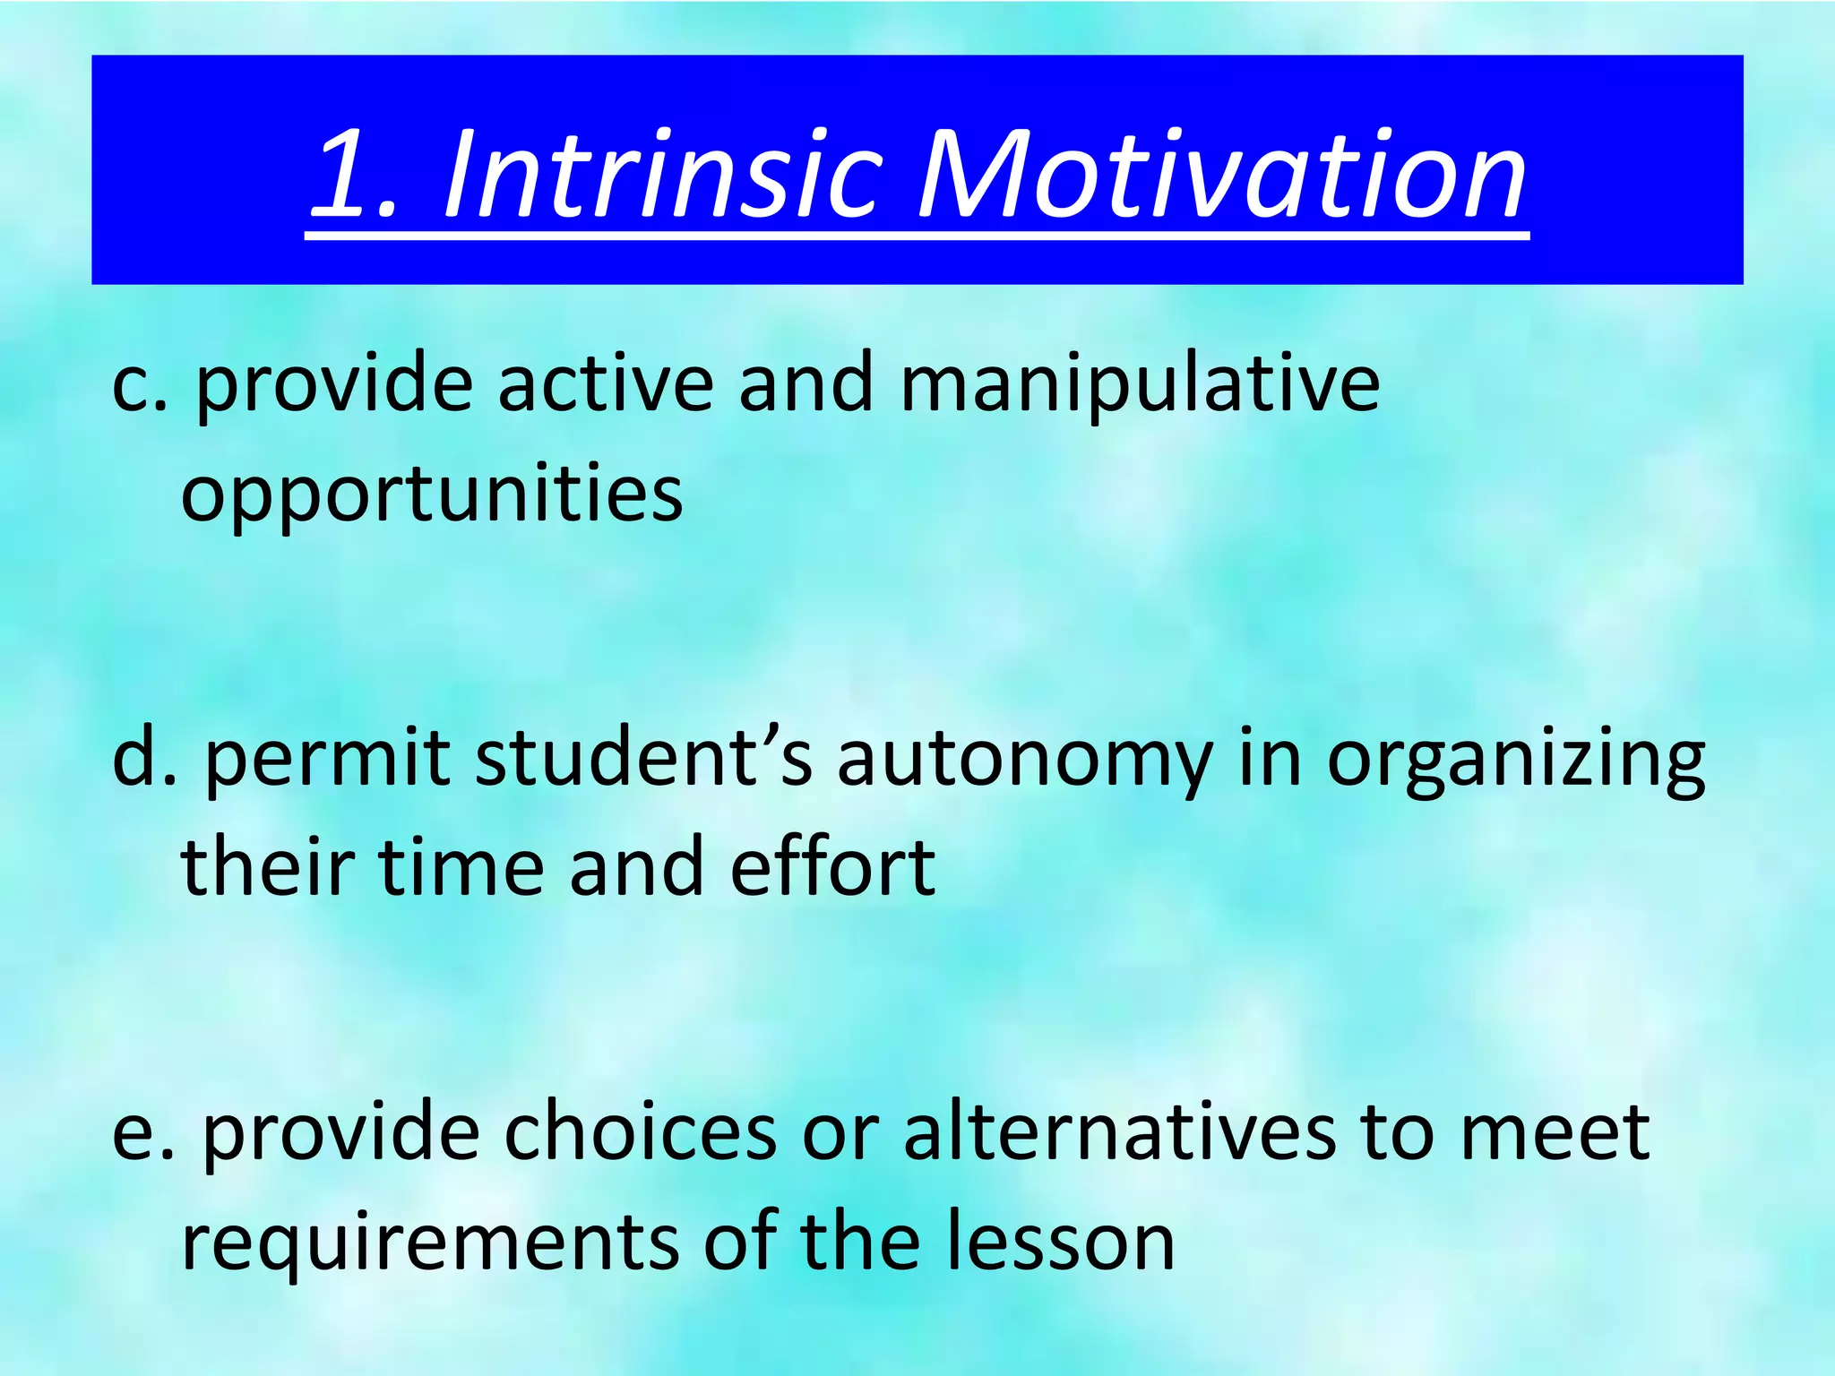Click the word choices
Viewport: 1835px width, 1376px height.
click(640, 1132)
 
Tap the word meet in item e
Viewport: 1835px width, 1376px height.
click(1555, 1134)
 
